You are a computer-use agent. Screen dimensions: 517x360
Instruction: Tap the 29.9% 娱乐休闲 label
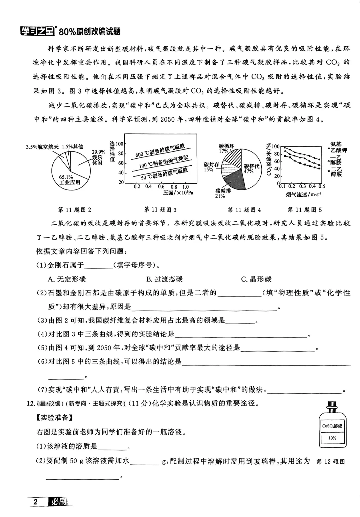(98, 157)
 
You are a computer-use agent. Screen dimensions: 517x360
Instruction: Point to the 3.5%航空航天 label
(42, 146)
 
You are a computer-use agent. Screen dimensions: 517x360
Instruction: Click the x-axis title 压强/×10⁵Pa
(178, 193)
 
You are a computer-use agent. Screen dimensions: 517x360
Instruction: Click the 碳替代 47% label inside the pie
(251, 169)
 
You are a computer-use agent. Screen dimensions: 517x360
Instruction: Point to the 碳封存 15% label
(211, 167)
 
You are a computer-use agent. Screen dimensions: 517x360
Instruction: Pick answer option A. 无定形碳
(67, 279)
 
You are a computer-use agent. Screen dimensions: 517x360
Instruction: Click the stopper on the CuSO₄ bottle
(332, 407)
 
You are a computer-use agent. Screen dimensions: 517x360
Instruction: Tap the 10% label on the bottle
(332, 438)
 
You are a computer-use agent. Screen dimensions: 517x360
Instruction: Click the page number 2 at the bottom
(36, 502)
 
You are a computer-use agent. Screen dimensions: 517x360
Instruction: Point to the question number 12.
(30, 403)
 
